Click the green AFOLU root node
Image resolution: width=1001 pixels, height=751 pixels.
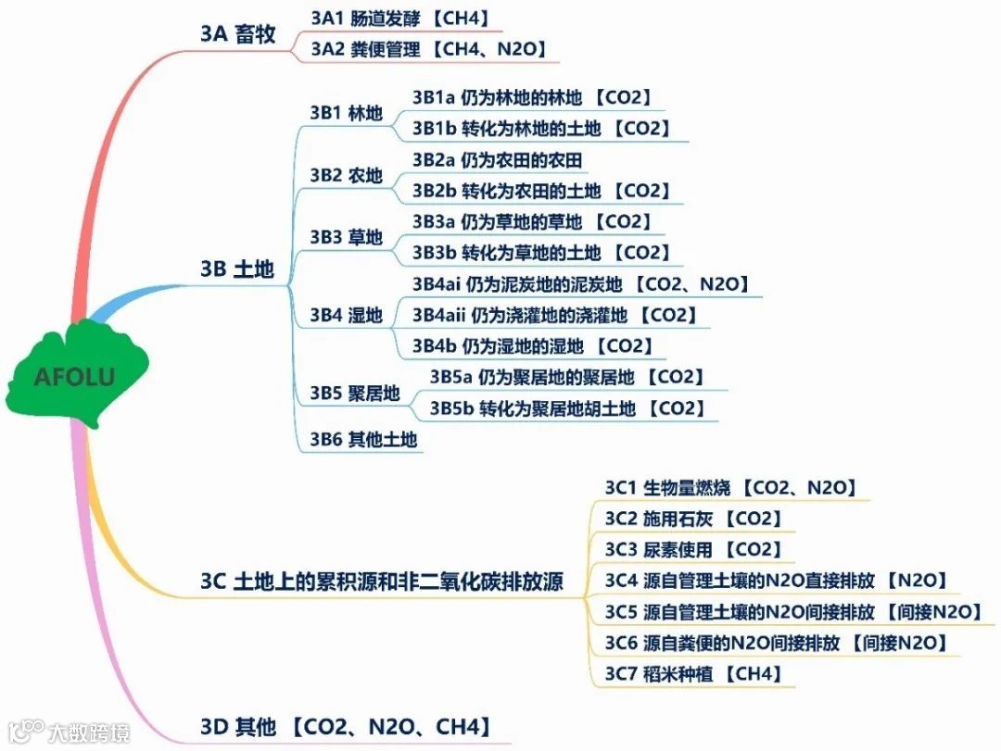tap(74, 376)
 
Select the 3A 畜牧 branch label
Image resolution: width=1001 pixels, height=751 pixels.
tap(237, 34)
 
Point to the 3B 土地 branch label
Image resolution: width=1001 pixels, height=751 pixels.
tap(237, 269)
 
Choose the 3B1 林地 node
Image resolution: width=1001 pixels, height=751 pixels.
tap(347, 114)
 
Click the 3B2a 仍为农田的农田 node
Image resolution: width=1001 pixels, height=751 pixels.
tap(498, 160)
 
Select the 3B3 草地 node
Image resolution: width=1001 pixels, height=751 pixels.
tap(347, 237)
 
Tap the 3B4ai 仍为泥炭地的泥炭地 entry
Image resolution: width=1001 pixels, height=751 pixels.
tap(580, 284)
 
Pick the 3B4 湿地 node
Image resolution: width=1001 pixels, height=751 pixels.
tap(347, 316)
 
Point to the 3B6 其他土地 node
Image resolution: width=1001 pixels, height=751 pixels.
tap(364, 440)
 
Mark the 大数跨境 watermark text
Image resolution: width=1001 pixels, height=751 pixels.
tap(89, 732)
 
